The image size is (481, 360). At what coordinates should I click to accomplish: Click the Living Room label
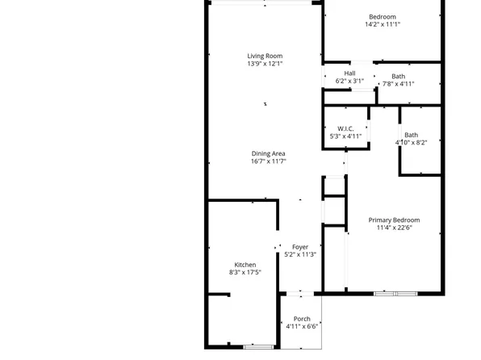(x=265, y=56)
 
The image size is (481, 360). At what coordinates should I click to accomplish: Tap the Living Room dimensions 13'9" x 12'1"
(x=265, y=64)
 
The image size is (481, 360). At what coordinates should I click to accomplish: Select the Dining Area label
(x=268, y=153)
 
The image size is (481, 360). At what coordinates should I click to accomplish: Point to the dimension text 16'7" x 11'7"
(x=268, y=161)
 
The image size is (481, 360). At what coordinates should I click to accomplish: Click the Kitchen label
(x=245, y=265)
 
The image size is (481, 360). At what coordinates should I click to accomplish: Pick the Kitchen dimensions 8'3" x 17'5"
(x=245, y=273)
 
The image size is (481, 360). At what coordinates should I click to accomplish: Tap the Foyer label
(x=300, y=247)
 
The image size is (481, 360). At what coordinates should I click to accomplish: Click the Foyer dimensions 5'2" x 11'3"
(x=300, y=255)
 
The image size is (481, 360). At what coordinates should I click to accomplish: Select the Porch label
(x=302, y=319)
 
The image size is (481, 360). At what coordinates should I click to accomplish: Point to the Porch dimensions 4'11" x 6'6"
(x=302, y=327)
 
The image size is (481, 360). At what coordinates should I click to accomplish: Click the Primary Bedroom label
(x=394, y=220)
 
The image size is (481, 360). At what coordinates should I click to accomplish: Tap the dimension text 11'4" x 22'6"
(x=394, y=228)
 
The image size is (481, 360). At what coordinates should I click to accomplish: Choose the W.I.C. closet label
(x=346, y=128)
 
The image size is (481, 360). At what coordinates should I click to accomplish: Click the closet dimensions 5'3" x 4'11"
(x=346, y=136)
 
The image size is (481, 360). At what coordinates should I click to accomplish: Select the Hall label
(x=349, y=73)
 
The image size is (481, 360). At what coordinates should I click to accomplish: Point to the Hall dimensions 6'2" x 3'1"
(x=349, y=82)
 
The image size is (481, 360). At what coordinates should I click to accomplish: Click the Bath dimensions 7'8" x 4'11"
(x=398, y=84)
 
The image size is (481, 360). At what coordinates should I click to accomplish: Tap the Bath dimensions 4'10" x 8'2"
(x=412, y=143)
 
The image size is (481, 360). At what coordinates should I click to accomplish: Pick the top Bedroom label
(x=383, y=17)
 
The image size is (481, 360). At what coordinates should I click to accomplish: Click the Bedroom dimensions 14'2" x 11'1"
(x=383, y=25)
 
